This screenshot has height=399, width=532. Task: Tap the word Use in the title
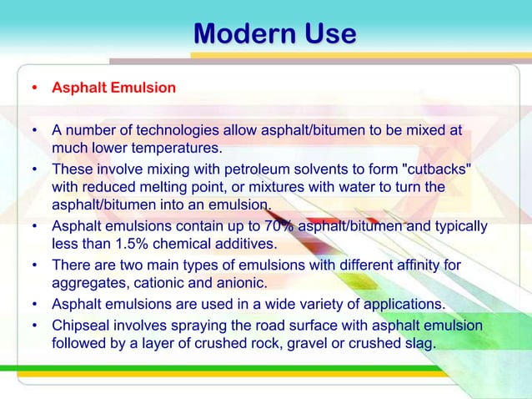331,34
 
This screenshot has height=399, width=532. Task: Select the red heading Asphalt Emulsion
113,88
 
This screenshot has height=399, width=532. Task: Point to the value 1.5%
133,245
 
